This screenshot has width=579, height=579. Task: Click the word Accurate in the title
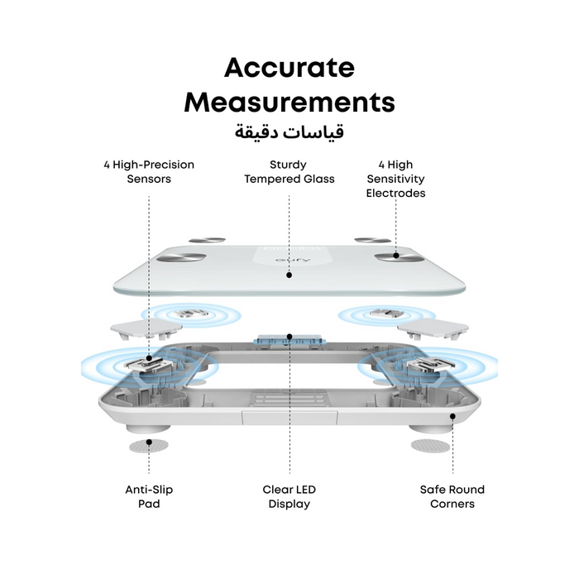click(x=289, y=68)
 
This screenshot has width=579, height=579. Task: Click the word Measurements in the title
click(x=289, y=102)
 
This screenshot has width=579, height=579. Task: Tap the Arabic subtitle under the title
click(x=289, y=132)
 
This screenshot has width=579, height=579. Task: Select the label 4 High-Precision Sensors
click(x=149, y=172)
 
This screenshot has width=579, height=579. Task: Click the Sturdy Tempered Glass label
click(x=289, y=172)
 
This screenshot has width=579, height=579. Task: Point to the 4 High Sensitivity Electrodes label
click(x=395, y=179)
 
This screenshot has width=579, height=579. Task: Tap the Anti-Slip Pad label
click(x=149, y=496)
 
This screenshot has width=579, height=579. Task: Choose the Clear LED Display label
click(x=289, y=496)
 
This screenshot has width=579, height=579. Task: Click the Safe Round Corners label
click(x=452, y=496)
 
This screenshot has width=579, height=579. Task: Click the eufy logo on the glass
click(x=289, y=260)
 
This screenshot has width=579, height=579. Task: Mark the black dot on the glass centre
click(x=289, y=275)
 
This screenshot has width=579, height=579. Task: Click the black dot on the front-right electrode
click(x=396, y=255)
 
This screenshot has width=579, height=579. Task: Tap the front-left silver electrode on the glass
click(x=181, y=258)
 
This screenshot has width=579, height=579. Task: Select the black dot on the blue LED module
click(x=289, y=337)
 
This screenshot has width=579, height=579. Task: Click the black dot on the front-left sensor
click(x=149, y=358)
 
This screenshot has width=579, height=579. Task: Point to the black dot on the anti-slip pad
click(x=149, y=442)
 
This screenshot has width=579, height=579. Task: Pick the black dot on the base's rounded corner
click(x=452, y=416)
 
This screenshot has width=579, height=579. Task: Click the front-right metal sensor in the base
click(x=431, y=365)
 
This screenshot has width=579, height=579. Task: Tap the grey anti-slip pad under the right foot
click(x=431, y=446)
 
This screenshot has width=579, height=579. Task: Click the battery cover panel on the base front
click(x=289, y=418)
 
